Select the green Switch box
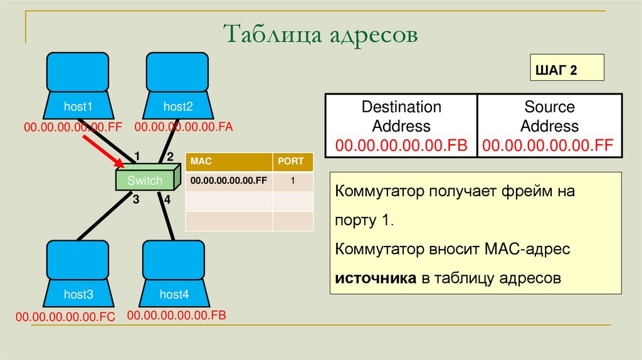point(145,181)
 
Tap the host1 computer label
point(78,107)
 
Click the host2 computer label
point(178,107)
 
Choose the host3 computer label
point(78,294)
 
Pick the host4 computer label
point(174,294)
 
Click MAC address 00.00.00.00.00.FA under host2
point(183,127)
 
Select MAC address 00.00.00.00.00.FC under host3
point(66,317)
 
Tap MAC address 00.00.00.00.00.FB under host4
point(176,315)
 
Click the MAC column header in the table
point(229,162)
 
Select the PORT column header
point(293,162)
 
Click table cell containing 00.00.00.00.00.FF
point(229,181)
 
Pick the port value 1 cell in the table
point(293,181)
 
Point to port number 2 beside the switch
point(169,157)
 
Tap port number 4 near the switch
point(167,201)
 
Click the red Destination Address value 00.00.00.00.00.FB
point(401,146)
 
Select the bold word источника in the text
point(376,278)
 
